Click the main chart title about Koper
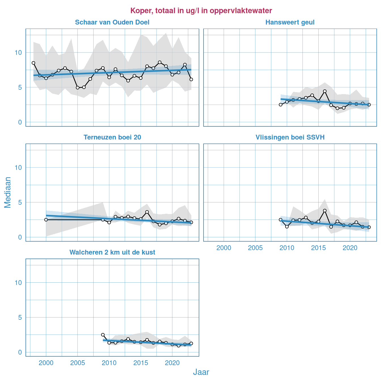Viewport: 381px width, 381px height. click(x=201, y=11)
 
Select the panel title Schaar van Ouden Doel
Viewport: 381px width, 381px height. click(x=112, y=22)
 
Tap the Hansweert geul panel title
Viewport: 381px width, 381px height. click(x=290, y=22)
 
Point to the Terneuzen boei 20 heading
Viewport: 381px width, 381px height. click(x=112, y=137)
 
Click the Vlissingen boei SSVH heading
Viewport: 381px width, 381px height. click(x=290, y=137)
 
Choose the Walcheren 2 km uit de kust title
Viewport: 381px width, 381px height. click(x=112, y=253)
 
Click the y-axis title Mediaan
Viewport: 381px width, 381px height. click(x=8, y=192)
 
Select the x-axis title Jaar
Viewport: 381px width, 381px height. click(x=201, y=372)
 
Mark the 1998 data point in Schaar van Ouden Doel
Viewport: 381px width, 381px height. click(x=33, y=63)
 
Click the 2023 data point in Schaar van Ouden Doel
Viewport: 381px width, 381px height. click(x=191, y=79)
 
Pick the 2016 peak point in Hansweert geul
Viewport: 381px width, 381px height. click(x=325, y=91)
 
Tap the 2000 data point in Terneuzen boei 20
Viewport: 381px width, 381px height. click(x=46, y=220)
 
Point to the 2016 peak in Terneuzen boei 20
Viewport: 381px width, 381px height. click(x=147, y=212)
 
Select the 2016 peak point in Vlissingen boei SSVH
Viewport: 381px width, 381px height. click(x=325, y=211)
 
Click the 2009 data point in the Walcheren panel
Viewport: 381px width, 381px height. click(x=103, y=335)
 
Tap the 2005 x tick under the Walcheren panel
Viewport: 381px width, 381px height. click(x=77, y=363)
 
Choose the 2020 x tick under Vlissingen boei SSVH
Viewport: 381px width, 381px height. click(x=350, y=248)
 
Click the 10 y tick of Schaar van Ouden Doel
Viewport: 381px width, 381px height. click(x=18, y=52)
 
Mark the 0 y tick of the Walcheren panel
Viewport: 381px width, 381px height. click(x=20, y=352)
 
